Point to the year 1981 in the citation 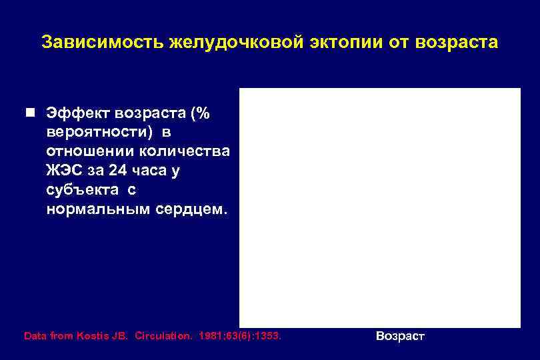tap(213, 337)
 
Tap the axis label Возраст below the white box tap(400, 337)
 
